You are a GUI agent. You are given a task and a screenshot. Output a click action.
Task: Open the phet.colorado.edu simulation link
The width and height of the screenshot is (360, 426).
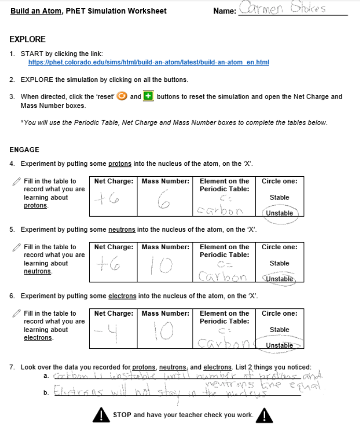coord(148,62)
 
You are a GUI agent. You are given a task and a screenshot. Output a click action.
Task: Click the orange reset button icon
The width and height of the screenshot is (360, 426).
coord(122,96)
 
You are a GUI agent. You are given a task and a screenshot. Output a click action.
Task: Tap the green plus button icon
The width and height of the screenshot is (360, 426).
coord(149,96)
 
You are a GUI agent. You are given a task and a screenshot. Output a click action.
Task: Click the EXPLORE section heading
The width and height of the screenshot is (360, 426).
coord(27,39)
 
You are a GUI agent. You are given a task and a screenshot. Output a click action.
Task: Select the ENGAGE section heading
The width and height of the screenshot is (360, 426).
coord(24,150)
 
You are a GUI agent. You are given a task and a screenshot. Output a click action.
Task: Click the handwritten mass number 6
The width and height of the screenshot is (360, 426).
coord(164,202)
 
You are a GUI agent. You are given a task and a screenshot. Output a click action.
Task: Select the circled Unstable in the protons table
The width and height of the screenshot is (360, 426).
coord(280,213)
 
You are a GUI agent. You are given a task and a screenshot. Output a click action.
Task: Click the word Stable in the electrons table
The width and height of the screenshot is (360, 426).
coord(280,329)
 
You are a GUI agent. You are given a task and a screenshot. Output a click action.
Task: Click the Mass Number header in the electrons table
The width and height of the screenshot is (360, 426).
coord(165,313)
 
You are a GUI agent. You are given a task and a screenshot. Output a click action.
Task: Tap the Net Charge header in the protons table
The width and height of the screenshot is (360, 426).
coord(114,181)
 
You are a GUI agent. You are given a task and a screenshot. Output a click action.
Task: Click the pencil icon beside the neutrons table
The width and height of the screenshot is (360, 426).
coord(17,247)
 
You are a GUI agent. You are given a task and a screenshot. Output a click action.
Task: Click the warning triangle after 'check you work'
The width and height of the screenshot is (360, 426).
coord(265,415)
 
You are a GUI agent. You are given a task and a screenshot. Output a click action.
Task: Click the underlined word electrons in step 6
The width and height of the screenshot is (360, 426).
coord(122,296)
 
